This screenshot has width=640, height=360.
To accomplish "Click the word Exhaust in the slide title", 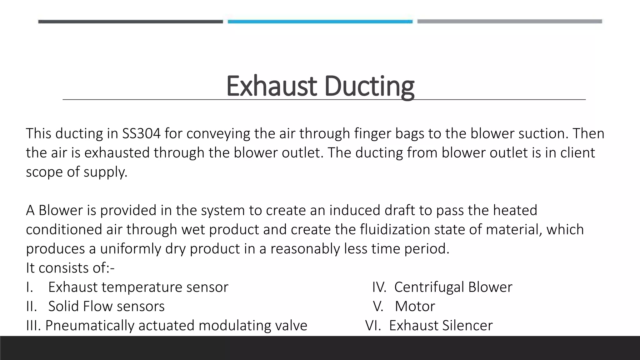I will click(271, 86).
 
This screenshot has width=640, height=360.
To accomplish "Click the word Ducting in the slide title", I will click(369, 86).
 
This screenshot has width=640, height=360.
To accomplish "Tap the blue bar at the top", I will click(320, 22).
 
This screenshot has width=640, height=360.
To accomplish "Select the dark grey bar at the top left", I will click(130, 22).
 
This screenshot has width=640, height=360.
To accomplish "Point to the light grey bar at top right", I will click(509, 21).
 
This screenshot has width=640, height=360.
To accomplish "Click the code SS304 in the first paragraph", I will click(141, 134).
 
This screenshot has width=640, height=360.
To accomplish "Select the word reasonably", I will click(305, 249).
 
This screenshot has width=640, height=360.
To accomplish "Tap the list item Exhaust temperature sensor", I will click(138, 287).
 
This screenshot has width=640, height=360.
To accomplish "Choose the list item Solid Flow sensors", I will click(106, 306).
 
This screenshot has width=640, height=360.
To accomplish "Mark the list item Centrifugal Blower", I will click(453, 287).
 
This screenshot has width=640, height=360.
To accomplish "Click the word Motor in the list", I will click(415, 306).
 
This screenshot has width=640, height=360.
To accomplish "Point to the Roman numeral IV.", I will click(379, 287).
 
